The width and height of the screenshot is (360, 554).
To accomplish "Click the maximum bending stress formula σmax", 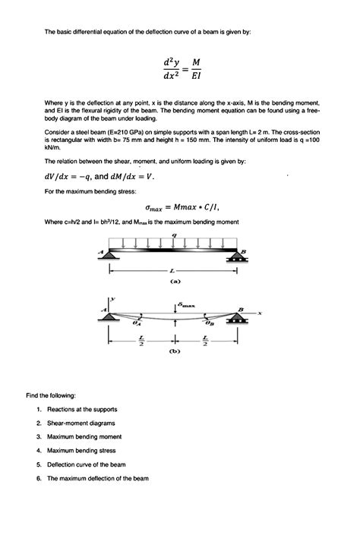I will click(185, 206).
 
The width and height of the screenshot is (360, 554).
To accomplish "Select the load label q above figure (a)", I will click(175, 236).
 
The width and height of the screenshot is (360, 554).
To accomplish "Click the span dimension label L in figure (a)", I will click(173, 270).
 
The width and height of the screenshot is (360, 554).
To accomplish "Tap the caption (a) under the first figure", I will click(174, 281).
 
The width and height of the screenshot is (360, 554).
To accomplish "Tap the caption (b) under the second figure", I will click(174, 351).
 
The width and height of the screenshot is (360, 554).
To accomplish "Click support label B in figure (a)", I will click(245, 251).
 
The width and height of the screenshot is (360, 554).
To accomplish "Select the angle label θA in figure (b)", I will click(137, 323).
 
